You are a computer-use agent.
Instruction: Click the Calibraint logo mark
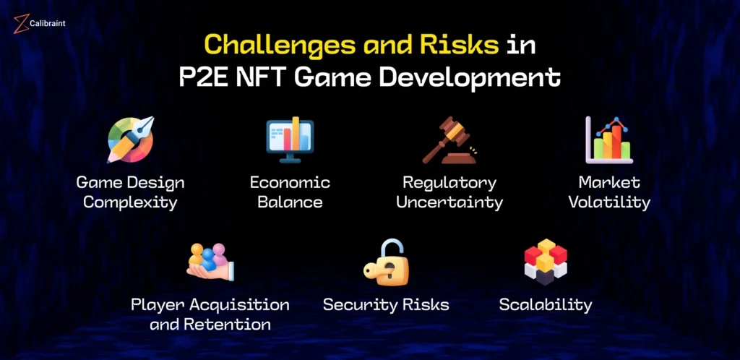(x=21, y=24)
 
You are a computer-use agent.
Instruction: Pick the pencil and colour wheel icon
(x=131, y=140)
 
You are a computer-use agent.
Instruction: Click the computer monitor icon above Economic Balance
(x=290, y=140)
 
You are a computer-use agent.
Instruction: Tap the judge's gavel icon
(x=449, y=140)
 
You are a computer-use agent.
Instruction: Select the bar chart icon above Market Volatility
(x=608, y=140)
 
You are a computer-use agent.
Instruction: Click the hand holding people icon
(x=210, y=262)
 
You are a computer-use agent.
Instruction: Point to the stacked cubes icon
(x=546, y=262)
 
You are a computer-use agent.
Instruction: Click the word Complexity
(x=130, y=203)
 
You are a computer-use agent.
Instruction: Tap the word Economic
(x=290, y=183)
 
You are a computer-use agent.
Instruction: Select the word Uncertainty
(x=449, y=203)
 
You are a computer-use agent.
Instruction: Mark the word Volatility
(x=609, y=203)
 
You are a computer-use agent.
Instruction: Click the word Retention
(x=228, y=325)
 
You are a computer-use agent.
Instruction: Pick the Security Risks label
(x=386, y=305)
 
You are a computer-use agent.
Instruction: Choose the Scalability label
(x=546, y=305)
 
